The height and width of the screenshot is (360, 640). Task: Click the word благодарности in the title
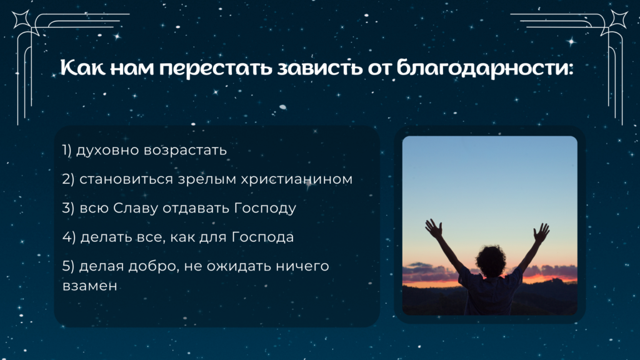[x=485, y=67]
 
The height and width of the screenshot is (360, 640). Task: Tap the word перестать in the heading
[x=216, y=68]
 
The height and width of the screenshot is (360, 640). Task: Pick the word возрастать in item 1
[x=185, y=151]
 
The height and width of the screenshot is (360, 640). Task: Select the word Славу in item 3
[x=136, y=208]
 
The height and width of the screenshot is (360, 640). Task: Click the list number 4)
[x=69, y=237]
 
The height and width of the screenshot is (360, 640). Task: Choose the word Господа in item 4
[x=263, y=237]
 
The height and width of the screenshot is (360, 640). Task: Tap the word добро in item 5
[x=154, y=266]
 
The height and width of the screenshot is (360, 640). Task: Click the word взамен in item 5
[x=90, y=286]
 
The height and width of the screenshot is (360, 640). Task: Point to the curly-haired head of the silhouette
[x=491, y=261]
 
